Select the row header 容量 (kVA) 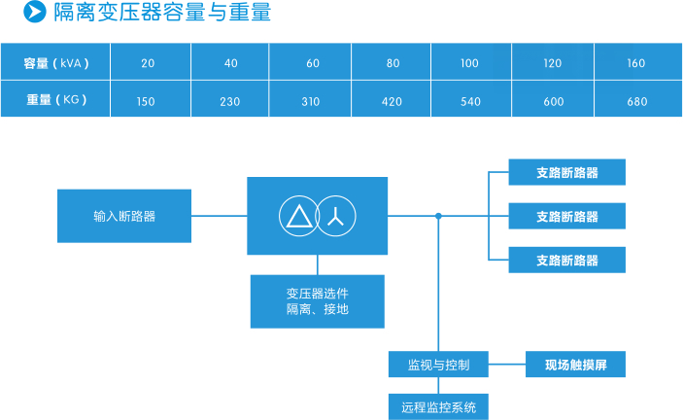pyautogui.click(x=56, y=63)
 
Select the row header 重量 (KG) pyautogui.click(x=56, y=100)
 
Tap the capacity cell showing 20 pyautogui.click(x=148, y=63)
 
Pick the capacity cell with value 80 pyautogui.click(x=393, y=63)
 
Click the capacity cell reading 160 pyautogui.click(x=636, y=63)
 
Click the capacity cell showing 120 pyautogui.click(x=553, y=63)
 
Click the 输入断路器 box pyautogui.click(x=124, y=216)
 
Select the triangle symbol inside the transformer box pyautogui.click(x=299, y=217)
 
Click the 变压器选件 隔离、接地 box pyautogui.click(x=318, y=301)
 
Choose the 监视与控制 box pyautogui.click(x=437, y=366)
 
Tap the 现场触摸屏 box pyautogui.click(x=574, y=366)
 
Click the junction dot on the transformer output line pyautogui.click(x=438, y=216)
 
